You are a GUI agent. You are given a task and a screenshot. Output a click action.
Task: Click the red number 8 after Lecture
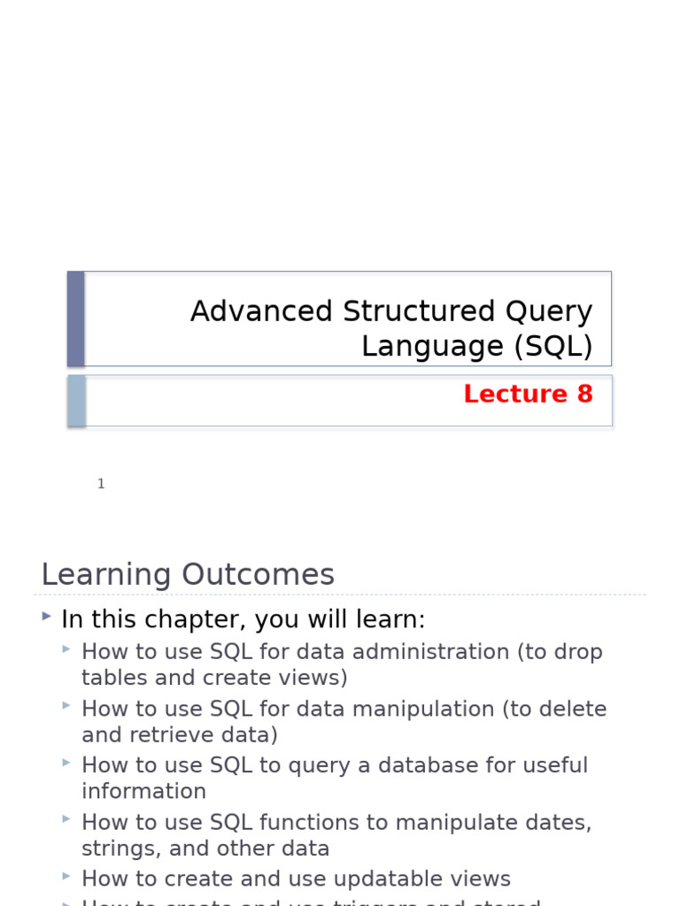click(x=584, y=395)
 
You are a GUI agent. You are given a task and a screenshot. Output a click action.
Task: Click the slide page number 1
click(x=101, y=484)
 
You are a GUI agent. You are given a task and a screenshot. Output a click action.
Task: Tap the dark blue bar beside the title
click(x=76, y=319)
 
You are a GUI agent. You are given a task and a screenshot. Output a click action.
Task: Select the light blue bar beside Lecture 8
click(x=77, y=401)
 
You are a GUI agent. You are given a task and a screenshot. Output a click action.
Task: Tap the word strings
click(x=114, y=849)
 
